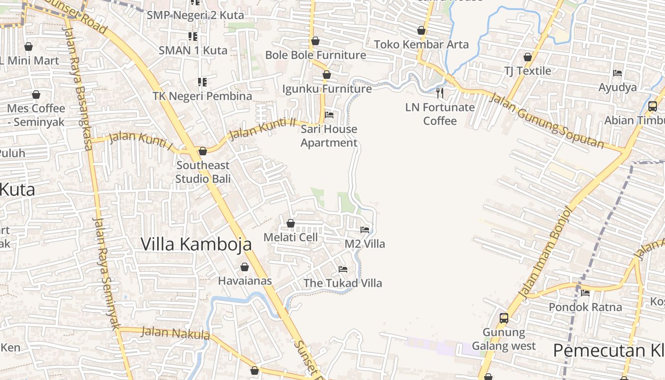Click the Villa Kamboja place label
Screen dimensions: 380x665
pos(196,244)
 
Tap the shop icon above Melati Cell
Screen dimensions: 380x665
pos(291,223)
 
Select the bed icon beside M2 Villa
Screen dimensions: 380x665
pos(365,230)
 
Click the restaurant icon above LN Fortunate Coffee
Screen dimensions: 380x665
pos(440,93)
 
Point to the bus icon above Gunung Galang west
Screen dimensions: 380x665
pos(504,318)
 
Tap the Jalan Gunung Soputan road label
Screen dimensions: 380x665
pos(546,121)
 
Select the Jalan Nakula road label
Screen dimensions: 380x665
pos(176,333)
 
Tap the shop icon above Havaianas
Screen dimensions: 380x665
pos(245,267)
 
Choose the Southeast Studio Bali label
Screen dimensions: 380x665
pos(203,172)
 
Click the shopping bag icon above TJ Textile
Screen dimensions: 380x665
pos(528,57)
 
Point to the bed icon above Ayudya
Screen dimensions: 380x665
pos(617,73)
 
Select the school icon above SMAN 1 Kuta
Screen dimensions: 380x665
pos(193,36)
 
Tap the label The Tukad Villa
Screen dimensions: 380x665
pos(342,283)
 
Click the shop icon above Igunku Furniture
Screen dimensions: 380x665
pos(327,75)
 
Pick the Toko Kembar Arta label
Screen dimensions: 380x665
pos(421,45)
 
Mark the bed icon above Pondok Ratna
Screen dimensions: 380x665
pos(585,293)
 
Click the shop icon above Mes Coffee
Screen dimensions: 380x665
pos(36,95)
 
